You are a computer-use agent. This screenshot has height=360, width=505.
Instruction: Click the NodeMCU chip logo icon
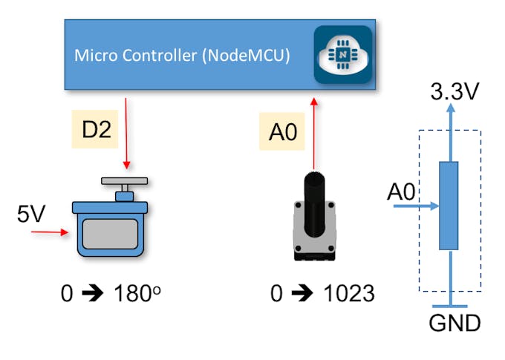click(342, 55)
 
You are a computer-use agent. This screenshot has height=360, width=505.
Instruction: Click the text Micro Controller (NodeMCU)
click(181, 56)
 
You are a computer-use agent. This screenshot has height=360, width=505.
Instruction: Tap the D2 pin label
click(96, 129)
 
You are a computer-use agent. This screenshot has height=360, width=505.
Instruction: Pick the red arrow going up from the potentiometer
click(314, 134)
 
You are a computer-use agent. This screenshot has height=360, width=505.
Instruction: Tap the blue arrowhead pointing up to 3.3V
click(449, 109)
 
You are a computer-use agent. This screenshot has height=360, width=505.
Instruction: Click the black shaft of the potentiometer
click(316, 197)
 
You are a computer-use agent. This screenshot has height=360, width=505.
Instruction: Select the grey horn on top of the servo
click(126, 181)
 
